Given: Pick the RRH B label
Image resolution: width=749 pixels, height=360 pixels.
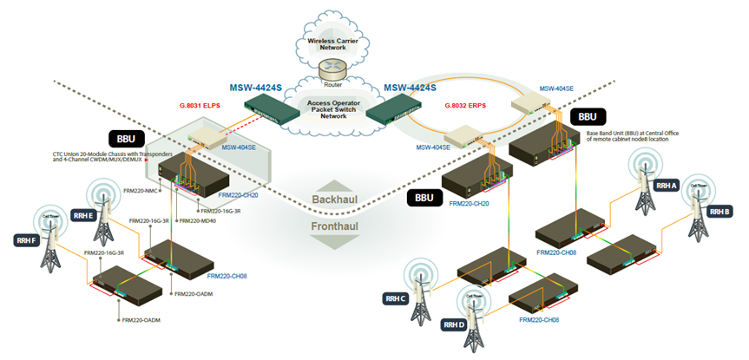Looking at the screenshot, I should point(719,212).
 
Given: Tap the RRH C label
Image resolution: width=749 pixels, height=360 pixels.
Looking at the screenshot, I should point(395,298).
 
